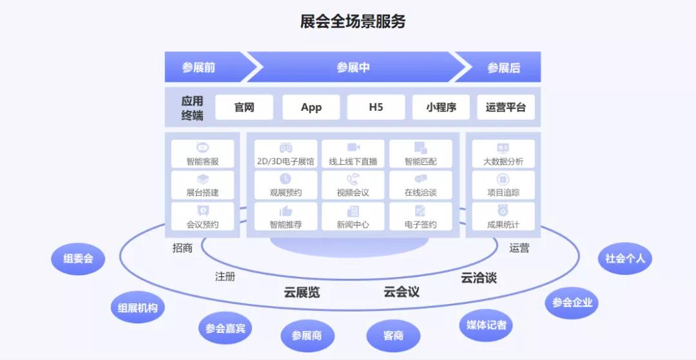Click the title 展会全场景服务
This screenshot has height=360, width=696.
point(353,21)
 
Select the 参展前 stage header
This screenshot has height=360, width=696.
point(198,68)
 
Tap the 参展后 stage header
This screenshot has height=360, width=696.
point(503,68)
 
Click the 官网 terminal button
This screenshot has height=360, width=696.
point(244,108)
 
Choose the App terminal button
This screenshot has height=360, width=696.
point(311,108)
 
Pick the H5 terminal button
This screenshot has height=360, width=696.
point(376,108)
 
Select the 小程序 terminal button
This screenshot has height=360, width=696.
point(441,108)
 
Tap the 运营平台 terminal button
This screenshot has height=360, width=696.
point(506,108)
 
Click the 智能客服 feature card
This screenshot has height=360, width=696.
point(202,154)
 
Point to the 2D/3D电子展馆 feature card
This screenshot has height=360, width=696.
point(285,154)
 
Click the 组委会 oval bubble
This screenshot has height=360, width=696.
point(78,259)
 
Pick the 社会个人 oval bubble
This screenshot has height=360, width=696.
point(625,259)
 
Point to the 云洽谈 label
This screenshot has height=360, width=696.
point(479,278)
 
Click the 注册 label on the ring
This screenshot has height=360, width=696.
point(225,276)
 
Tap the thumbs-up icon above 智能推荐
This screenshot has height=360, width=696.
point(285,211)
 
